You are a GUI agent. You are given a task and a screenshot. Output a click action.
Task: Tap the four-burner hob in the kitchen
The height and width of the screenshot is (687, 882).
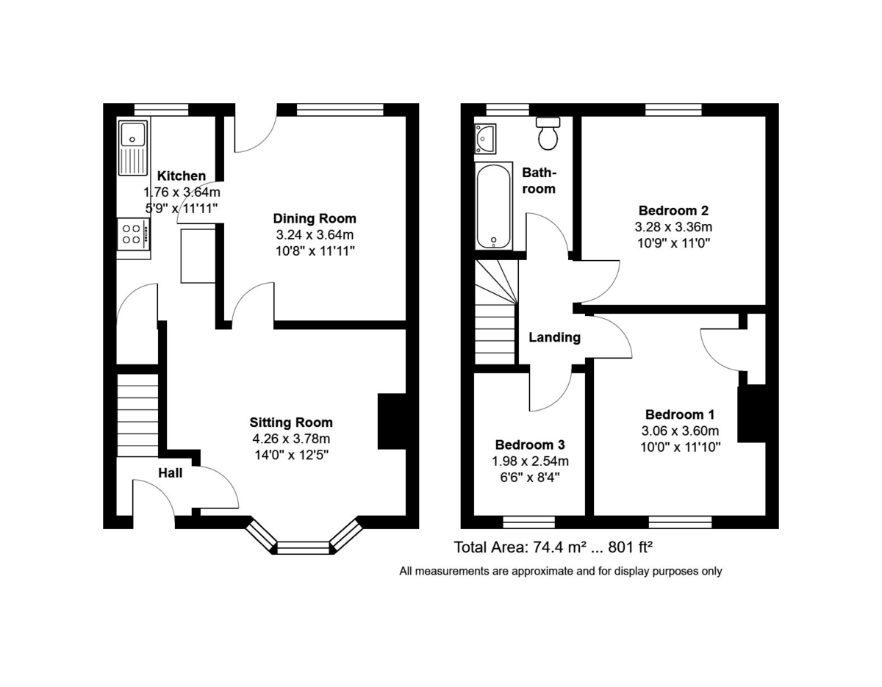[x=133, y=234]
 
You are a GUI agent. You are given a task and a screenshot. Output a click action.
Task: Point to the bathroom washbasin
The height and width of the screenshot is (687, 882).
[x=486, y=137]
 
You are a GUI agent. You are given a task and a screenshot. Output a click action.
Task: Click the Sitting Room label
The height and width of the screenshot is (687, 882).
[x=290, y=422]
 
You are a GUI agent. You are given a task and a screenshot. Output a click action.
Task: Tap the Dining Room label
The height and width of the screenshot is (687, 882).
[x=314, y=218]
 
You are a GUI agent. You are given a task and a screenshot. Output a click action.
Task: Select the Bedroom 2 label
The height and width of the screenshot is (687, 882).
[x=673, y=209]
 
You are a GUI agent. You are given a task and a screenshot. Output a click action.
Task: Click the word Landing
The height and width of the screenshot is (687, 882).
[x=555, y=337]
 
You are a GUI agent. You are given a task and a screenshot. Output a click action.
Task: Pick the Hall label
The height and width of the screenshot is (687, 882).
[x=170, y=473]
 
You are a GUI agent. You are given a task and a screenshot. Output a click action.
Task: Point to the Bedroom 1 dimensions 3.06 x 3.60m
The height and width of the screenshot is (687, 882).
[x=680, y=431]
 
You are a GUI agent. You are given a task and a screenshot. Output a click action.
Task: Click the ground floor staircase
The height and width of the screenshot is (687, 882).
[x=137, y=415]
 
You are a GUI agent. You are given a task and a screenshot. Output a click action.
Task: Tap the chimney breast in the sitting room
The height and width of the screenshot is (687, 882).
[x=391, y=422]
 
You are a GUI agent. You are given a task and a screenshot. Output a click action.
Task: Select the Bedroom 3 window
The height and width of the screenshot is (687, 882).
[x=529, y=522]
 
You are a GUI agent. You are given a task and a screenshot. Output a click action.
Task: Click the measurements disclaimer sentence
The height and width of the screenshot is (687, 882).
[x=560, y=571]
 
